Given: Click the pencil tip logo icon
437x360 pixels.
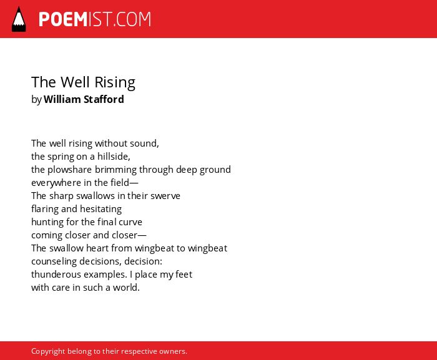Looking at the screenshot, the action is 19,19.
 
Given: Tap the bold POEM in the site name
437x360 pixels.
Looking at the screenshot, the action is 63,19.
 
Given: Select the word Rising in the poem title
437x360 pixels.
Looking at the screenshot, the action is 115,82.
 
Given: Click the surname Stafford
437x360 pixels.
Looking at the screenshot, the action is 104,99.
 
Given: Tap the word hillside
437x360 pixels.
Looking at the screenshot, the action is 114,157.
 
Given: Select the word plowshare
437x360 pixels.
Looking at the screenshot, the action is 70,170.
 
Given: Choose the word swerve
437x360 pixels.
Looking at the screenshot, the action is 165,196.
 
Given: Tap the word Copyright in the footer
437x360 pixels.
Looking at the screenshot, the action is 48,351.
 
